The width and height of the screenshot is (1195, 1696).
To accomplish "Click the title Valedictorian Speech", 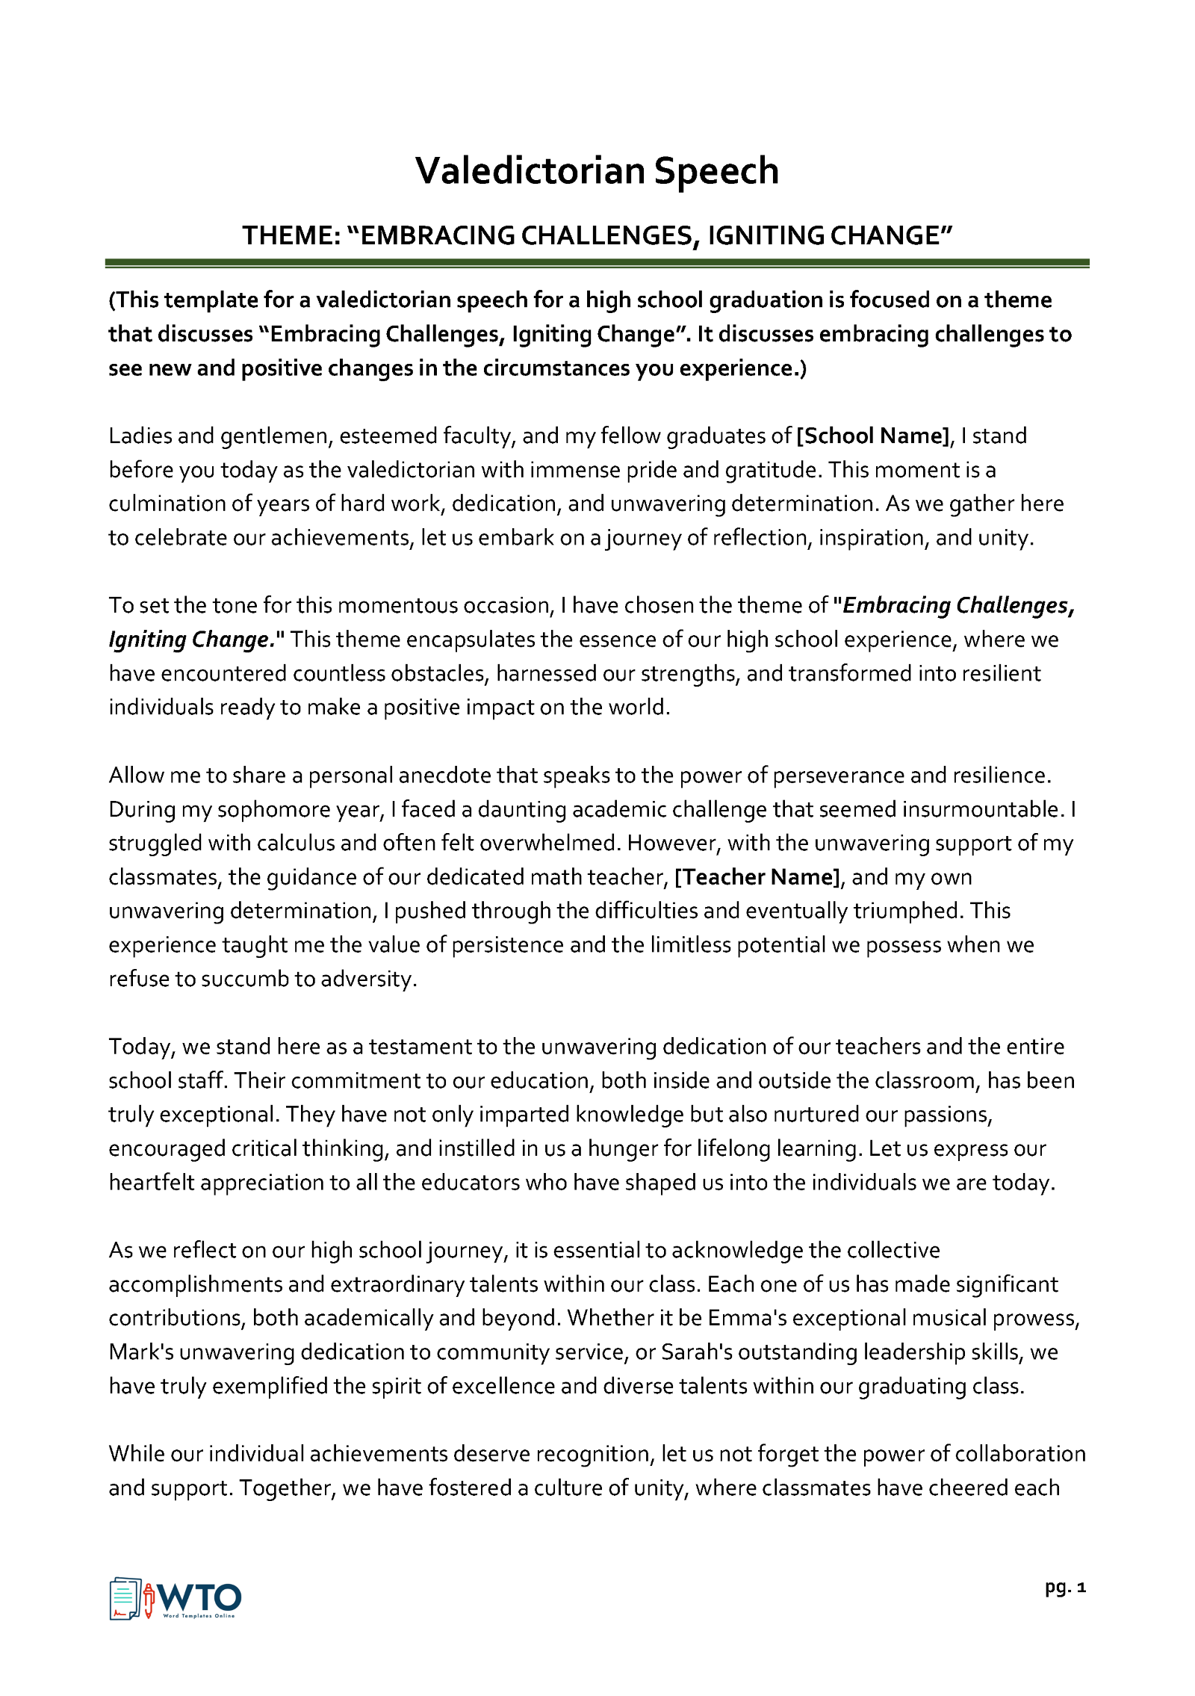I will tap(597, 171).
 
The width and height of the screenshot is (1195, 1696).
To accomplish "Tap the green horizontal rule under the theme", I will tap(597, 263).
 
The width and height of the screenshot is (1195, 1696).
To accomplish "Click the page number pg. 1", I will tap(1064, 1587).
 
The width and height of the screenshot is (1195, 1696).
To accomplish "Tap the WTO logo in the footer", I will tap(176, 1599).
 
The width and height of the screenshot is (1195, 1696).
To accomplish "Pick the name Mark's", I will tap(140, 1352).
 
